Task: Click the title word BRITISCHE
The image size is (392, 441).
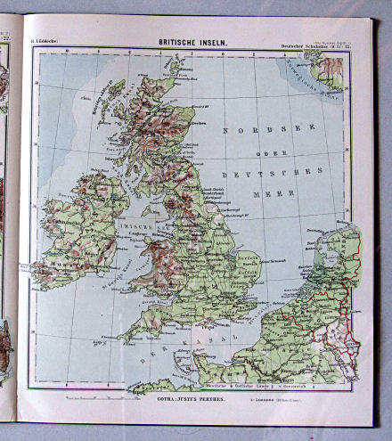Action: point(178,41)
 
